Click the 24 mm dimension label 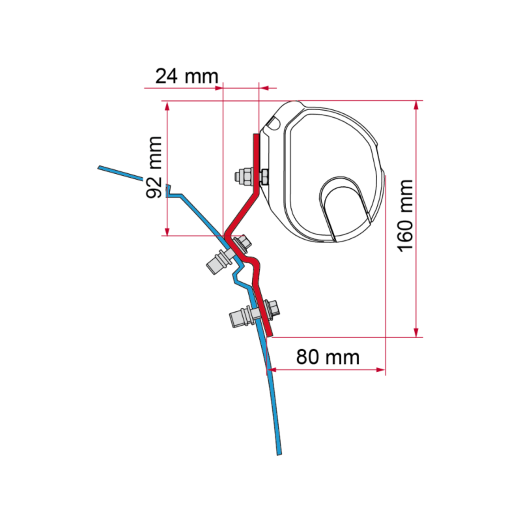pos(187,76)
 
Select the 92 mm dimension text pos(154,167)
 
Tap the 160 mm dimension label pos(406,216)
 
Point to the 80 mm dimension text pos(328,357)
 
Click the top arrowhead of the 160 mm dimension pos(416,106)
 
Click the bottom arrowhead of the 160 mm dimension pos(416,333)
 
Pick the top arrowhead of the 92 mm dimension pos(167,106)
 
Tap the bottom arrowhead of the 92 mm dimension pos(167,232)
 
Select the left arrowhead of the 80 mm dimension pos(272,369)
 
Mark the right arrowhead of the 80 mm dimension pos(381,369)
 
